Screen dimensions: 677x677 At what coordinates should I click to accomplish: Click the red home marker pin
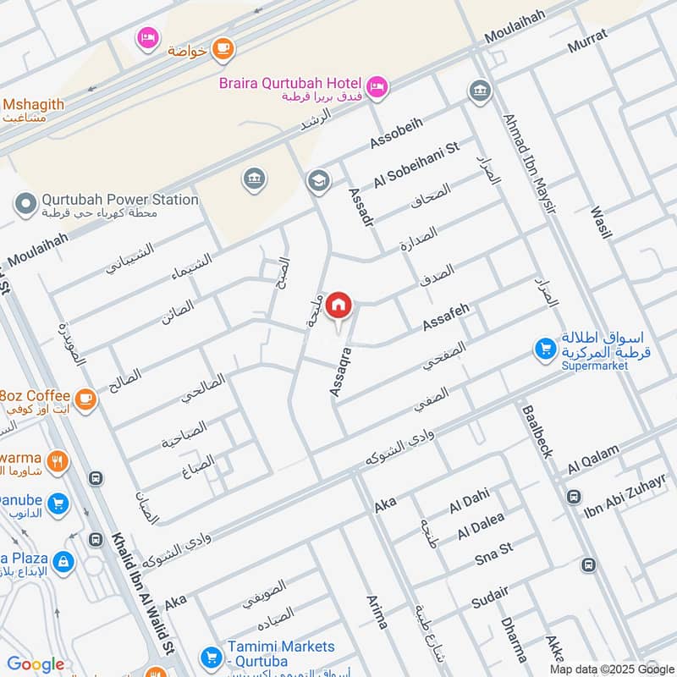click(x=338, y=305)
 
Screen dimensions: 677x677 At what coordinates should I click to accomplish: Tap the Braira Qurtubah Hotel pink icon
click(x=377, y=85)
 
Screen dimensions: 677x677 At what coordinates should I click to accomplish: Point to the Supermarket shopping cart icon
click(x=544, y=348)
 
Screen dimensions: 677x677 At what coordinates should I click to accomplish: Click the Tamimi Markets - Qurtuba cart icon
click(x=209, y=656)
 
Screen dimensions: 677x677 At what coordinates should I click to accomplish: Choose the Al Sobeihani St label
click(x=416, y=165)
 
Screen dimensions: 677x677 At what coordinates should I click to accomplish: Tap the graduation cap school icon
click(x=318, y=180)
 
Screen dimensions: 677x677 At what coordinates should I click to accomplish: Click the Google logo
click(x=36, y=664)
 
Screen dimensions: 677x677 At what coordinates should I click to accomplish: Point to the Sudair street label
click(x=492, y=597)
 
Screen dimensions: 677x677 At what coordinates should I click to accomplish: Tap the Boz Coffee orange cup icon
click(x=85, y=397)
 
